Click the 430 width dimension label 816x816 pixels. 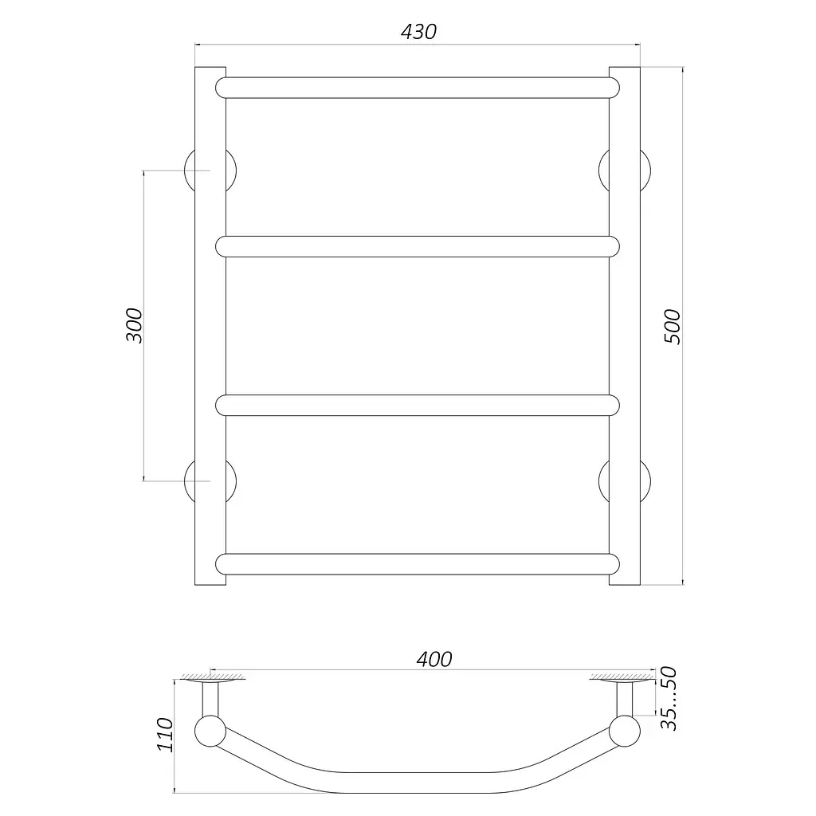tap(418, 32)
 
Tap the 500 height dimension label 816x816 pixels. tap(672, 326)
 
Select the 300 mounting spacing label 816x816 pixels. tap(134, 325)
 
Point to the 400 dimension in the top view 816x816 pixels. tap(434, 659)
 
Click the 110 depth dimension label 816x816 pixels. tap(165, 734)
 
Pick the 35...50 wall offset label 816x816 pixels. tap(669, 698)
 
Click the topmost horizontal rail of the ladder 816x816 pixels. tap(418, 88)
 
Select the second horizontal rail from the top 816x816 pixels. tap(418, 247)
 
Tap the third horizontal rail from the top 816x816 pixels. tap(418, 406)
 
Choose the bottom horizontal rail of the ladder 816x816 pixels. tap(418, 564)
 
